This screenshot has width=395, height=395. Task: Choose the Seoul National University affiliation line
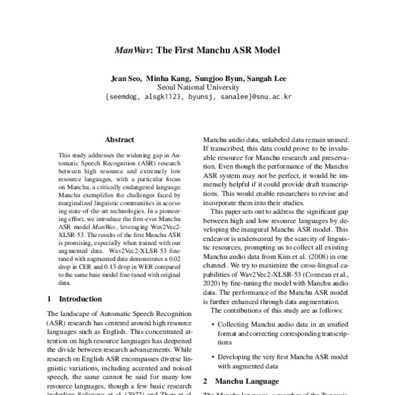pos(197,87)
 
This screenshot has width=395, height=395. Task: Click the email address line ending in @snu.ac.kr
pos(197,96)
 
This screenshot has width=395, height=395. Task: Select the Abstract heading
pos(119,140)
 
